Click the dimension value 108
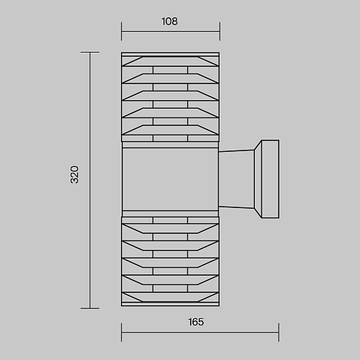click(x=170, y=22)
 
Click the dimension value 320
click(x=75, y=175)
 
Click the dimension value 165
click(x=196, y=322)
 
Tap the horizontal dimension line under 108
click(x=171, y=31)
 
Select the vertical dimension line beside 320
click(x=90, y=180)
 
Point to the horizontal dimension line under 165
click(x=200, y=333)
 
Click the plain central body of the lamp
click(x=170, y=179)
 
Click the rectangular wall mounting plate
click(x=270, y=179)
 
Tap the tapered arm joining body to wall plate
click(x=236, y=179)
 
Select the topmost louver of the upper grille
click(x=170, y=61)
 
